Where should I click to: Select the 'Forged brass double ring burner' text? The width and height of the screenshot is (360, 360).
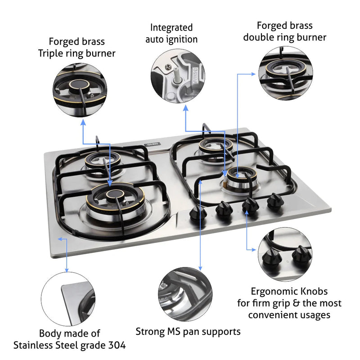point(284,31)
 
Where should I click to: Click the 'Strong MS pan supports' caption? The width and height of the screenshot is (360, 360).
point(188,332)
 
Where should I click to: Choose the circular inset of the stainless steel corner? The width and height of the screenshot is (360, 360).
point(68,298)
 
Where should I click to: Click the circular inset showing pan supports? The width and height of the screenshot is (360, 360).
point(185,296)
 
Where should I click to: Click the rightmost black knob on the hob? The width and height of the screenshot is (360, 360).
point(273,201)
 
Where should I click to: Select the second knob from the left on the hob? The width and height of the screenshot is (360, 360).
point(222,209)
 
